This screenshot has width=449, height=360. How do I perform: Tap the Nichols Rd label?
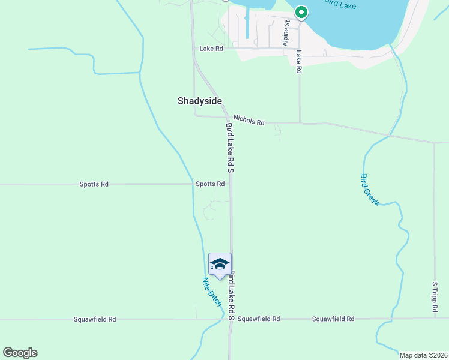click(x=249, y=121)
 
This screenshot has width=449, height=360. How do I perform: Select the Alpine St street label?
click(x=286, y=33)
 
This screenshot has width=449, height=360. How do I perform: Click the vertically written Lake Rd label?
click(x=298, y=62)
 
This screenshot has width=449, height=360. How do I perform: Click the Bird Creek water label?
click(x=369, y=190)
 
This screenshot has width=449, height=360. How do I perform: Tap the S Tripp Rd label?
click(x=435, y=297)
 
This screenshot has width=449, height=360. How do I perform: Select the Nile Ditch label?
click(x=211, y=291)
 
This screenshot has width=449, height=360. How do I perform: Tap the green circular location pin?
click(x=301, y=12)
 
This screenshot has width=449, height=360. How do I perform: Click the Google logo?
click(x=20, y=353)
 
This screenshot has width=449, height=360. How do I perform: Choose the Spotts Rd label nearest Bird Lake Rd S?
click(x=210, y=184)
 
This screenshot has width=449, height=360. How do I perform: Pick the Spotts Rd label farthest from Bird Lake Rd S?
click(x=94, y=184)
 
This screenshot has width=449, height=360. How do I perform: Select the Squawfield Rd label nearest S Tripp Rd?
click(x=333, y=319)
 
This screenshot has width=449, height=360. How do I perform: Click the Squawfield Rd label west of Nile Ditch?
click(x=95, y=319)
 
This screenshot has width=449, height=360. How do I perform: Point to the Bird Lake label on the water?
click(x=340, y=5)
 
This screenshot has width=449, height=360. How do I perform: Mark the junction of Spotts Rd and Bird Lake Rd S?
click(x=231, y=184)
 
